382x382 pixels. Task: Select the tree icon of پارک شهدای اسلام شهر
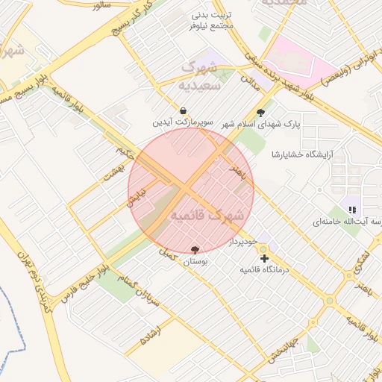[x=260, y=113]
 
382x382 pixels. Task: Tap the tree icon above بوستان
[x=195, y=250]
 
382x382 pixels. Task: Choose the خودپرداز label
[x=243, y=242]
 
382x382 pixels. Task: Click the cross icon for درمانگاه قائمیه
[x=265, y=258]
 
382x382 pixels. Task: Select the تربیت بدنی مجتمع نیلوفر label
[x=212, y=20]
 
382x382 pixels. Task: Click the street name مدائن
[x=256, y=84]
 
